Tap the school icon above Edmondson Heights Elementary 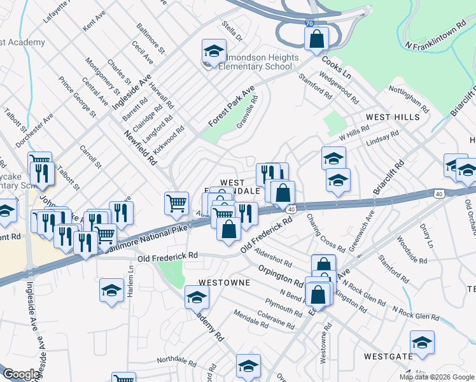214,50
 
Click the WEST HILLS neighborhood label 393,117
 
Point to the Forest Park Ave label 231,106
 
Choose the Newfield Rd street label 141,147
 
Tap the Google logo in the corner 21,374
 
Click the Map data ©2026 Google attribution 437,377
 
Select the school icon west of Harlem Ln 112,291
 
